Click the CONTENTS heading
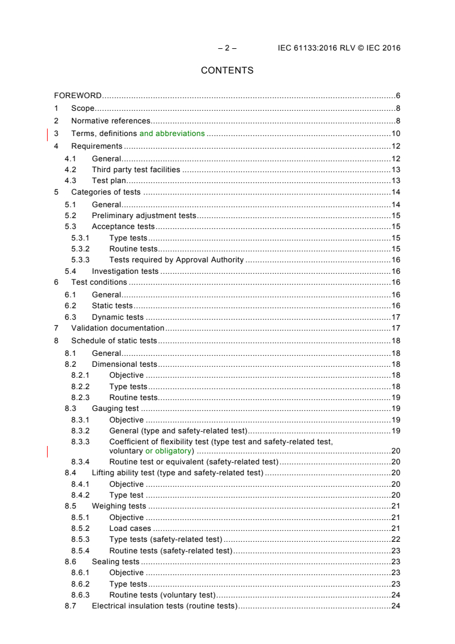[227, 71]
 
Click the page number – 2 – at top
[228, 48]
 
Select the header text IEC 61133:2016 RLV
[321, 48]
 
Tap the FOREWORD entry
[78, 95]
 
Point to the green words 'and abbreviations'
[172, 133]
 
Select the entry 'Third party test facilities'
[136, 169]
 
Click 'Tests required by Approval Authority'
[177, 259]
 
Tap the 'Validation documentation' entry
[118, 328]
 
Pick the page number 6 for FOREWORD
[398, 95]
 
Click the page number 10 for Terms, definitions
[395, 133]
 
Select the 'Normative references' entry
[111, 121]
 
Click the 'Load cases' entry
[130, 528]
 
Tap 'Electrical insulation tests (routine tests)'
[165, 607]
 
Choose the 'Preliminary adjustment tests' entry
[144, 215]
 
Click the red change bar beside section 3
[48, 134]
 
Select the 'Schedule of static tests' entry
[114, 341]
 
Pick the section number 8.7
[71, 607]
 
